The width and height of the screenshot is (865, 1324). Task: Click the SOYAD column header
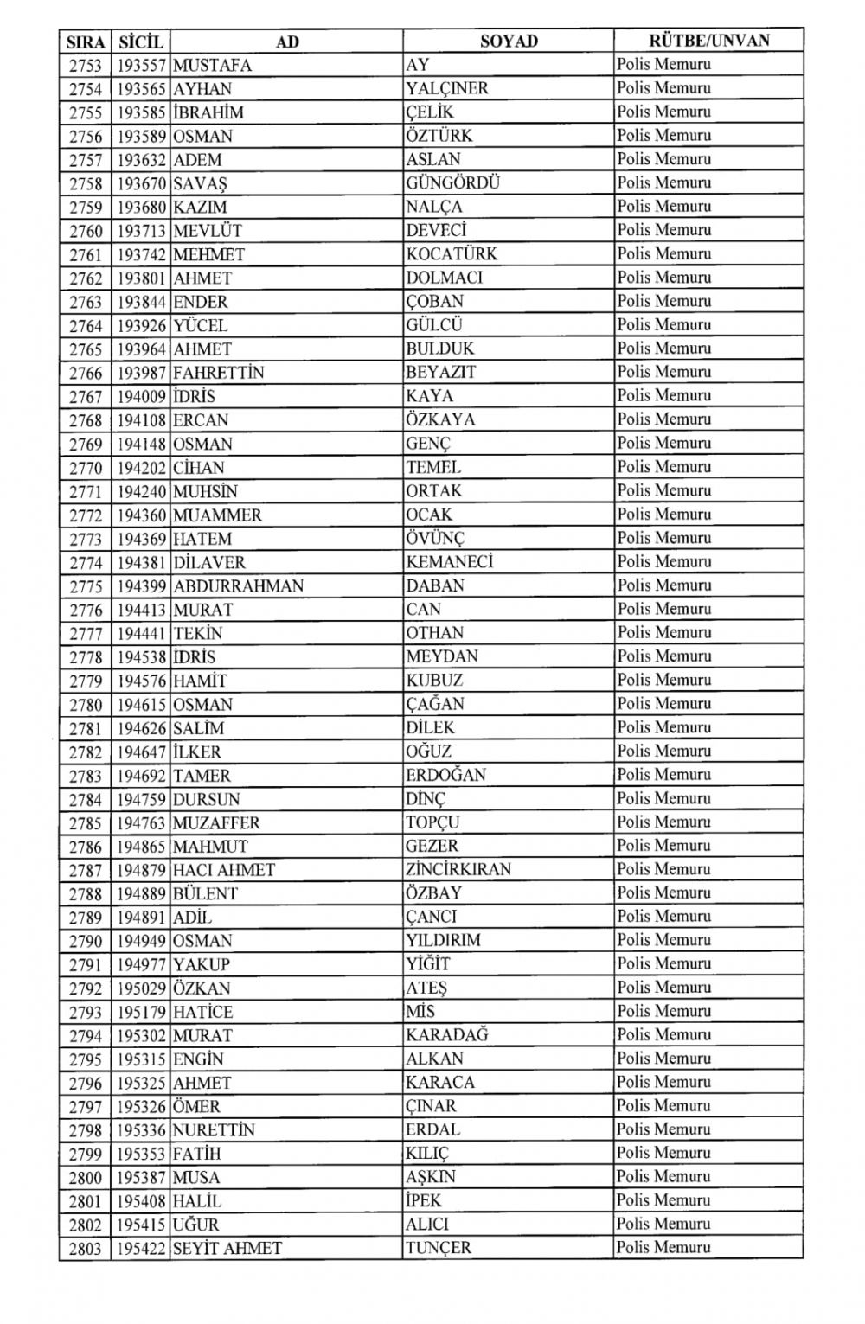point(509,41)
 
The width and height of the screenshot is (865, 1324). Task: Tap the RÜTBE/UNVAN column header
point(708,40)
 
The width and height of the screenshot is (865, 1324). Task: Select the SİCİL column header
point(140,42)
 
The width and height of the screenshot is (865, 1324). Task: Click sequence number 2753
point(86,65)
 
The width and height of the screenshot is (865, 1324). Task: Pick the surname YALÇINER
point(447,88)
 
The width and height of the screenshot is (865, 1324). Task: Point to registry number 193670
point(141,183)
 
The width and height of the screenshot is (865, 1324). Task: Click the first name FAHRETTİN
point(219,373)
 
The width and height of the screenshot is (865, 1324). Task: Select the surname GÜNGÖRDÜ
point(453,182)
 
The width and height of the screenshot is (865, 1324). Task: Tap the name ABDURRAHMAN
point(239,585)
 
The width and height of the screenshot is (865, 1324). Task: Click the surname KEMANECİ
point(450,561)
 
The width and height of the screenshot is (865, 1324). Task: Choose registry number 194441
point(141,633)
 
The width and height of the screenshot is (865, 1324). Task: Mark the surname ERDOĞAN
point(446,775)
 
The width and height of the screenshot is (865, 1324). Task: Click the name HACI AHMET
point(224,870)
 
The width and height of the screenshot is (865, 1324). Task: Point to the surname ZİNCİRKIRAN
point(459,869)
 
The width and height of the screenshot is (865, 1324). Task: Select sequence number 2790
point(86,941)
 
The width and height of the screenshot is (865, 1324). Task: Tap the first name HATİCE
point(203,1012)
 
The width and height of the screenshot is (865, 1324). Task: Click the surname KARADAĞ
point(447,1035)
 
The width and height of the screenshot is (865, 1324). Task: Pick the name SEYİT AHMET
point(227,1248)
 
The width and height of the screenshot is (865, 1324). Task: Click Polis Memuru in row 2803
point(664,1247)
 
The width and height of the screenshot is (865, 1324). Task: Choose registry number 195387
point(141,1177)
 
